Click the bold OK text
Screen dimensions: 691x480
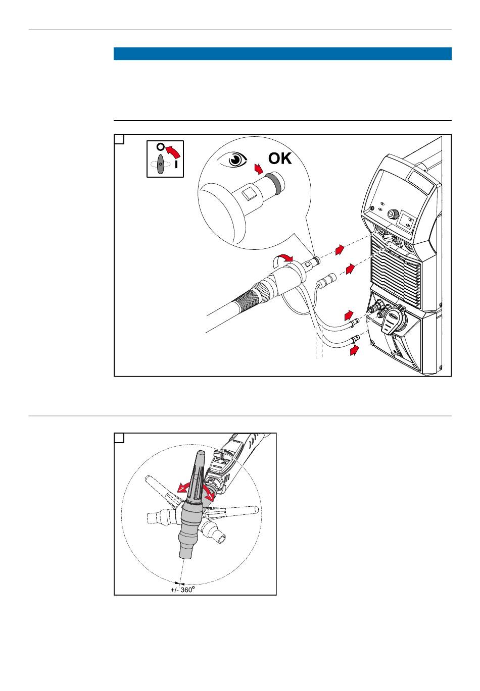[x=280, y=158]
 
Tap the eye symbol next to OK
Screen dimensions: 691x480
[x=235, y=161]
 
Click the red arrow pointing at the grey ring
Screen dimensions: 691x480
[x=259, y=169]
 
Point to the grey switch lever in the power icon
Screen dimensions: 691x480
[x=160, y=165]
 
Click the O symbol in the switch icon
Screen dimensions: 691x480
[x=160, y=147]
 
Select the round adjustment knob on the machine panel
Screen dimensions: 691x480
[x=391, y=215]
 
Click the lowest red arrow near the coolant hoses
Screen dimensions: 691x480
[x=356, y=349]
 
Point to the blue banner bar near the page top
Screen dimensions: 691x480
[x=282, y=54]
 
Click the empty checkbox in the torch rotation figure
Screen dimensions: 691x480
[x=119, y=438]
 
